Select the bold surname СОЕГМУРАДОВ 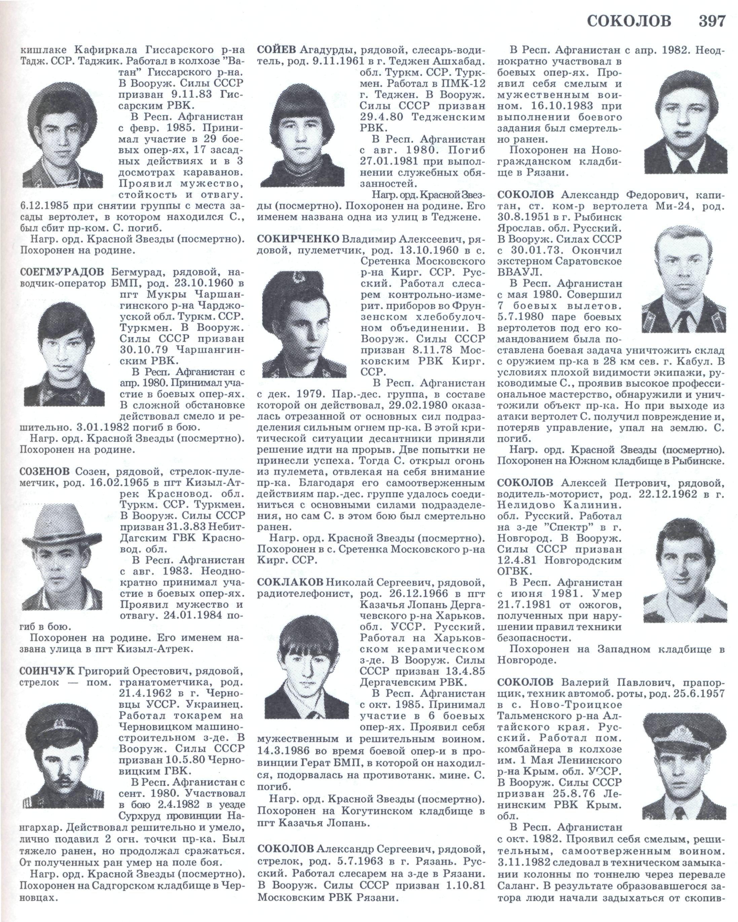[62, 272]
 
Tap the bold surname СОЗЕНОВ [44, 472]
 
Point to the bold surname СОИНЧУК [47, 670]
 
